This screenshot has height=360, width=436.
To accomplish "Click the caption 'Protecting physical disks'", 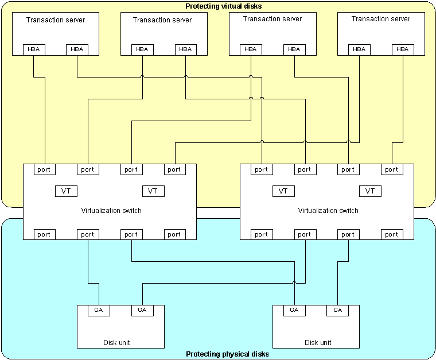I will (227, 354).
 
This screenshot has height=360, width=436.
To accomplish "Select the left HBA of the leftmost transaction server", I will (34, 49).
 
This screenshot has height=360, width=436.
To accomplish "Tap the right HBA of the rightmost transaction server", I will (403, 49).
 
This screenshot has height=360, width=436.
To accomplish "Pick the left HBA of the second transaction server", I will (142, 49).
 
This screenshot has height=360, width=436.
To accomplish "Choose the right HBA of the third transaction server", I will (294, 49).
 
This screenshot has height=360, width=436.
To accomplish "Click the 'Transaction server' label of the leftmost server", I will (56, 20).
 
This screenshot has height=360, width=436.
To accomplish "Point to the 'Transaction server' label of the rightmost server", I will (381, 19).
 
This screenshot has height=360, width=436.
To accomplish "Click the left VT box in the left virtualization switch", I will (66, 191).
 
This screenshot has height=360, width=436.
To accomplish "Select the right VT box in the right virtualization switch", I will (370, 191).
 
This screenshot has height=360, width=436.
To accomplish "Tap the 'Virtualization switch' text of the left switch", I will (111, 211).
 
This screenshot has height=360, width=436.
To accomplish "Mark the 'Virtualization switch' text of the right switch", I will (328, 211).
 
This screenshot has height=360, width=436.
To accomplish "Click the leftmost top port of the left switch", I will (44, 169).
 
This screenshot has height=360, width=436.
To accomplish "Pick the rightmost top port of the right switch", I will (391, 169).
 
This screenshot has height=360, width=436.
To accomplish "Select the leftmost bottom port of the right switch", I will (261, 234).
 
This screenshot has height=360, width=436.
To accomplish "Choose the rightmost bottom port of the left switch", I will (174, 234).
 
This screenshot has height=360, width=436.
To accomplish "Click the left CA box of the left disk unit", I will (99, 311).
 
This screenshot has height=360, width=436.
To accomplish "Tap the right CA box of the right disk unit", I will (337, 311).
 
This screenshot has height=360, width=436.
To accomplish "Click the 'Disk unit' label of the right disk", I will (318, 343).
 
